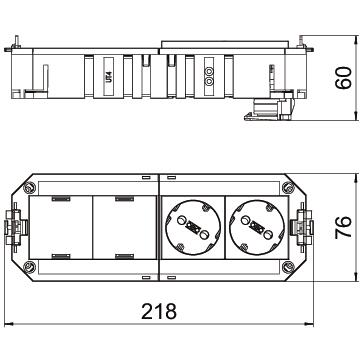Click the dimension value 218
coord(159,311)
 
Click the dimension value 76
coord(343,227)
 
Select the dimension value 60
coord(343,78)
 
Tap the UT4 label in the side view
coord(109,76)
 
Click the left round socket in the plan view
coord(193,227)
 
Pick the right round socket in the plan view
coord(257,227)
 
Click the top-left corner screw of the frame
coord(29,188)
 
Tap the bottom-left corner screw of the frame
coord(29,267)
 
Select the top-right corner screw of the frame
coord(288,188)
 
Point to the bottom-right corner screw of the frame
coord(288,267)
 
